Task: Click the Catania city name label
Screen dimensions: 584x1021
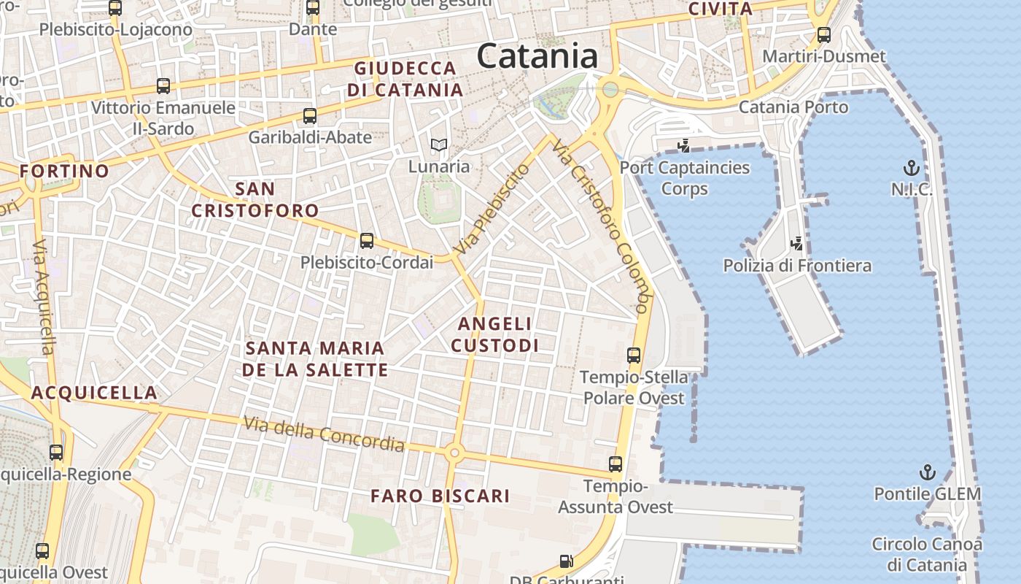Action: (537, 56)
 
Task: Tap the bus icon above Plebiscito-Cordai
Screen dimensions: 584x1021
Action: (367, 240)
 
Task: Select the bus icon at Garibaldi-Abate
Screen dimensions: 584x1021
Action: (310, 115)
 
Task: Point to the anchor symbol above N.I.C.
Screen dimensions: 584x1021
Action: (911, 169)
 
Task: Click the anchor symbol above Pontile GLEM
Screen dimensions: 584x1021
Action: (927, 472)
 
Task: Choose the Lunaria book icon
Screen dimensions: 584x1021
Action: (438, 145)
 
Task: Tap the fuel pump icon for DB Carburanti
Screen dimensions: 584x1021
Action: (566, 561)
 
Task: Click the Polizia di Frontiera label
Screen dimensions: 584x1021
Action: (797, 266)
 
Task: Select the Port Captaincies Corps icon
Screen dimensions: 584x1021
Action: (683, 146)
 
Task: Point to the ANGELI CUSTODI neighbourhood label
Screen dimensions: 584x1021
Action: (495, 334)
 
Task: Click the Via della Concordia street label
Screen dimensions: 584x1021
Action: (324, 434)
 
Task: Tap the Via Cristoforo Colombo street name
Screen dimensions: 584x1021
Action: (600, 227)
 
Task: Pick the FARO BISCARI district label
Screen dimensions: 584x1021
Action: (440, 496)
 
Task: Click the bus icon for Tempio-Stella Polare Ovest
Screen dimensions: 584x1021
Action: (634, 356)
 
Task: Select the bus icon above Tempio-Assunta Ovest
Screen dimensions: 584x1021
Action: (616, 464)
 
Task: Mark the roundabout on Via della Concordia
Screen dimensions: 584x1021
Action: (454, 453)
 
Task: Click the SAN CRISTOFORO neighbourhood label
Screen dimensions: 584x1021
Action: (255, 200)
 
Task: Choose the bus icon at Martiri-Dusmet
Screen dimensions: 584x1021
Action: (824, 34)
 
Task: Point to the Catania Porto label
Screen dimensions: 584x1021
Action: (793, 107)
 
